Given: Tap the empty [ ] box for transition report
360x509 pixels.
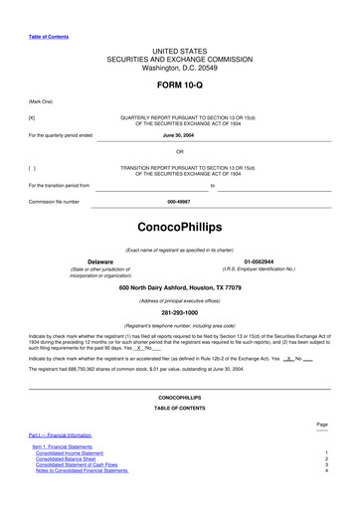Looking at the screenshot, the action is [32, 168].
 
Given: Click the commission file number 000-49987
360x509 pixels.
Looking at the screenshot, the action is [179, 201].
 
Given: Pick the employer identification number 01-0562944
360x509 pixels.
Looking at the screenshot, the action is [258, 261].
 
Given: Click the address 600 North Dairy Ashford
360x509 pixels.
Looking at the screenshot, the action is [179, 287].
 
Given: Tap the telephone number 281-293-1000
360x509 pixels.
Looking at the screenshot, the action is [179, 312].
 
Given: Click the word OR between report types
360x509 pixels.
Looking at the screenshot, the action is [179, 151].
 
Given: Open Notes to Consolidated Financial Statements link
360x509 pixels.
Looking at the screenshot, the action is [87, 470].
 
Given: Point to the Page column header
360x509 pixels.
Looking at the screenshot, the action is [321, 423].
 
